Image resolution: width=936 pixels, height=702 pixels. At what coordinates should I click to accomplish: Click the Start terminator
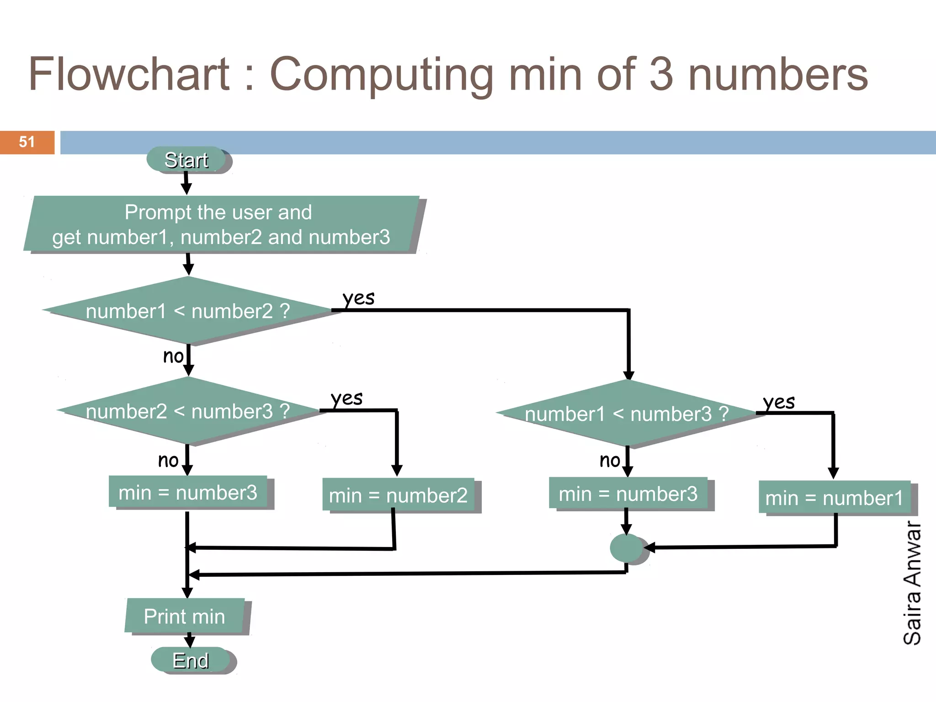pos(186,160)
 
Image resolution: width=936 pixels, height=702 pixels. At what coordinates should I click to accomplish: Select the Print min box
pos(185,616)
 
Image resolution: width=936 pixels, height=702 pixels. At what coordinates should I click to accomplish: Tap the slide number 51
pos(27,142)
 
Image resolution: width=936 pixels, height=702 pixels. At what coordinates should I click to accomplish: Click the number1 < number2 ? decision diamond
pos(188,311)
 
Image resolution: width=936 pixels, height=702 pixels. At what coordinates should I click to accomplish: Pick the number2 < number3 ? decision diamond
pos(188,411)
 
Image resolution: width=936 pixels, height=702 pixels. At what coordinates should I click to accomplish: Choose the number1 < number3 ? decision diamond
pos(627,414)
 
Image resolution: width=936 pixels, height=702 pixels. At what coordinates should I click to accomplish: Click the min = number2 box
pos(398,495)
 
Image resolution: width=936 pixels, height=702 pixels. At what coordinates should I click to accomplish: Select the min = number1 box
pos(835,498)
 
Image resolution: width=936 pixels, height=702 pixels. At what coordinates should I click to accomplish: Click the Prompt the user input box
pos(221,224)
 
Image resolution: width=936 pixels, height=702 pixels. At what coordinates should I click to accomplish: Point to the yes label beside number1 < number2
pos(359,298)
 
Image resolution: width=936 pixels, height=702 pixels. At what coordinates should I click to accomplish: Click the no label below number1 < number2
pos(173,356)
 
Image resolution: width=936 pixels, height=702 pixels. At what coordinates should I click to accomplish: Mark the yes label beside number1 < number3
pos(779,402)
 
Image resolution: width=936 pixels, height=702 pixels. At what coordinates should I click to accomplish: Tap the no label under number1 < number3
pos(610,460)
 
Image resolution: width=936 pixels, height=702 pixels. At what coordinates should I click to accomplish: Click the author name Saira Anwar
pos(912,583)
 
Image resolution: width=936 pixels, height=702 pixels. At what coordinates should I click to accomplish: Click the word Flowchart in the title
pos(129,74)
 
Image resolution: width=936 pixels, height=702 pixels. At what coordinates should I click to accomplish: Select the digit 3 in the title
pos(661,74)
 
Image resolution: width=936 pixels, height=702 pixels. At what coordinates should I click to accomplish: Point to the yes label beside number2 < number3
pos(347,398)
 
